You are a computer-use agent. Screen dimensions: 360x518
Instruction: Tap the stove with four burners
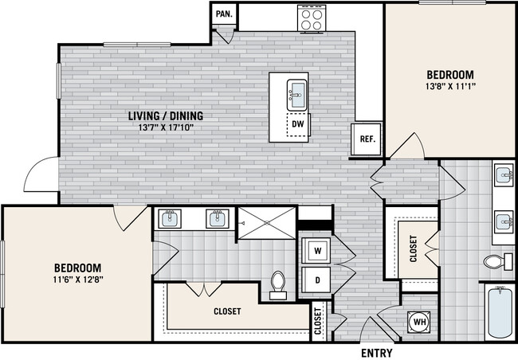pyautogui.click(x=309, y=18)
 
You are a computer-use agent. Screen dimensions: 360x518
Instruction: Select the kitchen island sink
pyautogui.click(x=296, y=94)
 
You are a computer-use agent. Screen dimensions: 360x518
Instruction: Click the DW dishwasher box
pyautogui.click(x=297, y=124)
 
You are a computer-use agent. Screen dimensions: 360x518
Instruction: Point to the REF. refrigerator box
pyautogui.click(x=367, y=139)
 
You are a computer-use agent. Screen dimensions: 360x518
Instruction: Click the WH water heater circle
pyautogui.click(x=419, y=322)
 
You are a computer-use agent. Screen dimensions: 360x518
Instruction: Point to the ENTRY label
pyautogui.click(x=376, y=352)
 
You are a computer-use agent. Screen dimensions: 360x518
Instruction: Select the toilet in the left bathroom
pyautogui.click(x=278, y=284)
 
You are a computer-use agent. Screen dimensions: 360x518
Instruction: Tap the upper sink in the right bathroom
pyautogui.click(x=504, y=174)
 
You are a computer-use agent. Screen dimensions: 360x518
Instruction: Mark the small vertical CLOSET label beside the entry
pyautogui.click(x=319, y=322)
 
